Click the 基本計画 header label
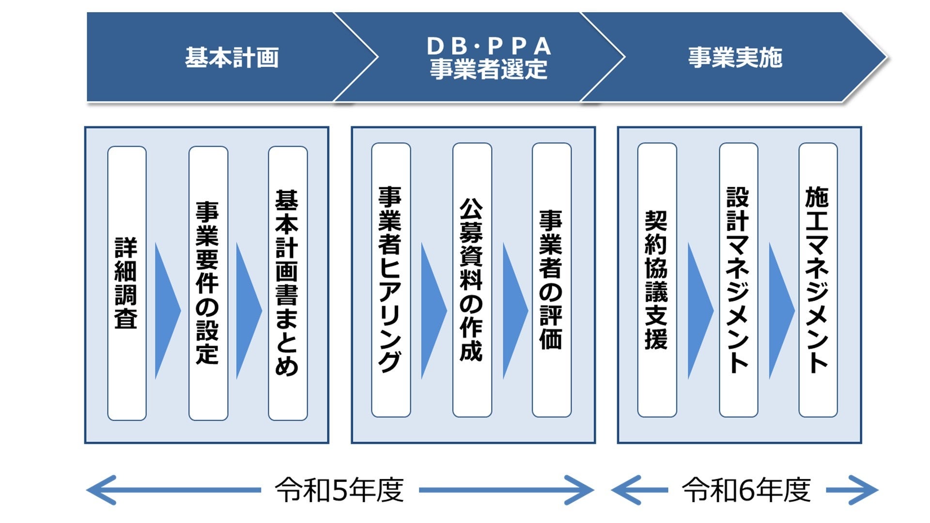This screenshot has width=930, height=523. pos(232,58)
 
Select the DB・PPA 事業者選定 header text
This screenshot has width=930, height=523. pos(488,58)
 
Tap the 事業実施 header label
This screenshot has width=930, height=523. pos(735,58)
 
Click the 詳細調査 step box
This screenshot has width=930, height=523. pos(127,283)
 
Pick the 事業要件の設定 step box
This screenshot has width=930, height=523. pos(208,283)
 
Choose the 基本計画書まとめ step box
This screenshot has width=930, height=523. pos(288,283)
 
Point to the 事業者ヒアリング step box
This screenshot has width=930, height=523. pos(391,280)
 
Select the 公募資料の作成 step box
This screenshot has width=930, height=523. pos(472,280)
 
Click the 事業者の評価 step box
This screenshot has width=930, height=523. pos(552,280)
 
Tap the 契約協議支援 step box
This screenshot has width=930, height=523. pos(657,280)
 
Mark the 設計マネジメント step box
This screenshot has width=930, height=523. pos(738,280)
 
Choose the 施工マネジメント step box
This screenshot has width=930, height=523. pos(818,280)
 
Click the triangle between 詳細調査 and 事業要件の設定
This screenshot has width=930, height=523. pos(166,311)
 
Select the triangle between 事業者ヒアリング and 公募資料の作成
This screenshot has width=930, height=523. pos(432,311)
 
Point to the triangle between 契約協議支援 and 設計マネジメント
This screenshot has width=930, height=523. pos(698,311)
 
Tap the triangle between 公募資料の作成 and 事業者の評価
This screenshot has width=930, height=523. pos(513,311)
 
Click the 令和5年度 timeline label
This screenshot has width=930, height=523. pos(340,490)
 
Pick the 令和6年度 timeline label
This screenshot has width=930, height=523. pos(746,490)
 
